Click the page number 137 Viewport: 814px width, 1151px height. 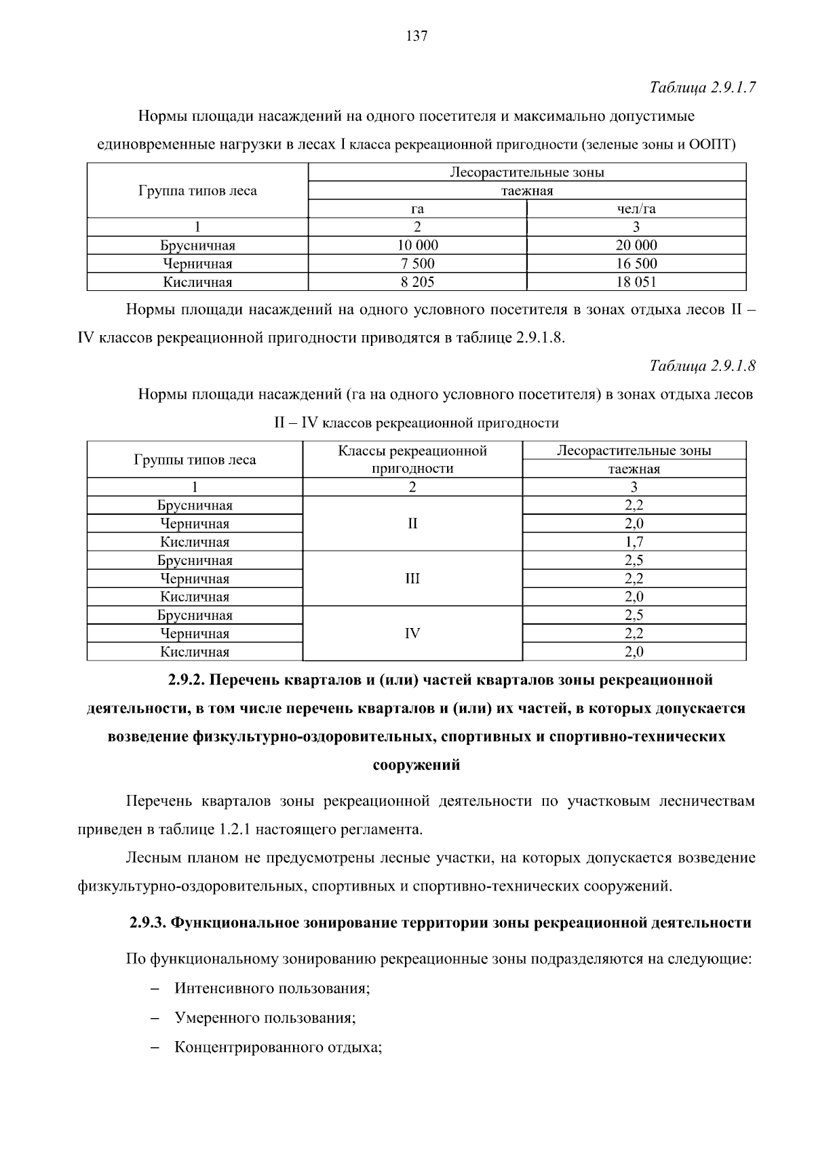pos(416,37)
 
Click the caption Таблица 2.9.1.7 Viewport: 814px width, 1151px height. pos(702,87)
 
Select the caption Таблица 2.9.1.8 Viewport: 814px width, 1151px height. pos(702,366)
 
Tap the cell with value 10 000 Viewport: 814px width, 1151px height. pos(417,246)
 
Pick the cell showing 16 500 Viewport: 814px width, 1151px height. pos(636,264)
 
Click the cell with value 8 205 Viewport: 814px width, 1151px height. pos(417,282)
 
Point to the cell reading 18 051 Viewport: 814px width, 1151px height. pos(636,282)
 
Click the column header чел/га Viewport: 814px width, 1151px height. pos(636,209)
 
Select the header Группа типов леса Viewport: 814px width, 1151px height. pos(197,191)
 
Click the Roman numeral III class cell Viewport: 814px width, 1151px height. pos(412,579)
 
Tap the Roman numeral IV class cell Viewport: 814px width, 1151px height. pos(412,633)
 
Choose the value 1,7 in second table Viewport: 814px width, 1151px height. pos(634,542)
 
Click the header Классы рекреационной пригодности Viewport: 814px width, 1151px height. pos(412,459)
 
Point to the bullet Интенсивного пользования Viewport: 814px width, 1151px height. pos(272,988)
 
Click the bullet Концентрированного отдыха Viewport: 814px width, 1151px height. pos(278,1047)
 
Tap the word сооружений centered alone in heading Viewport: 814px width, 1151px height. pos(416,766)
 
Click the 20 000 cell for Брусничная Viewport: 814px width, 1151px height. pos(636,246)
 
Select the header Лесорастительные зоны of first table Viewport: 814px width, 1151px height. pos(527,172)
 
